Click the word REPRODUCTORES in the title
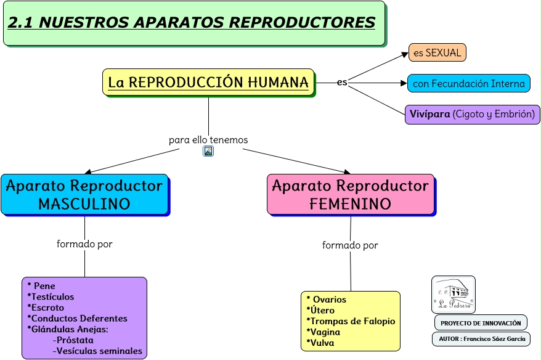(x=302, y=23)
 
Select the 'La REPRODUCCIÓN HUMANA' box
(x=208, y=82)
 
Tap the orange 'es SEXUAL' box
(x=437, y=52)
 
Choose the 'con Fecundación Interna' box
(x=468, y=83)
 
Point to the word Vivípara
(x=430, y=114)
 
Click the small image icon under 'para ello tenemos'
(x=208, y=151)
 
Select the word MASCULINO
(x=84, y=204)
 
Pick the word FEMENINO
(x=350, y=204)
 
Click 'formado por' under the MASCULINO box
(x=84, y=244)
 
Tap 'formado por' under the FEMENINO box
(x=350, y=245)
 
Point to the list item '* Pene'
(x=41, y=286)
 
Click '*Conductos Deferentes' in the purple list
(x=78, y=318)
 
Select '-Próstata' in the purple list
(x=73, y=340)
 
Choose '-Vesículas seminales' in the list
(x=97, y=351)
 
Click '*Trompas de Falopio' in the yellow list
(x=351, y=321)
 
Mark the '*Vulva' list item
(x=320, y=343)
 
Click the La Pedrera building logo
(x=454, y=294)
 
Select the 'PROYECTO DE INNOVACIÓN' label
(x=481, y=323)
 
